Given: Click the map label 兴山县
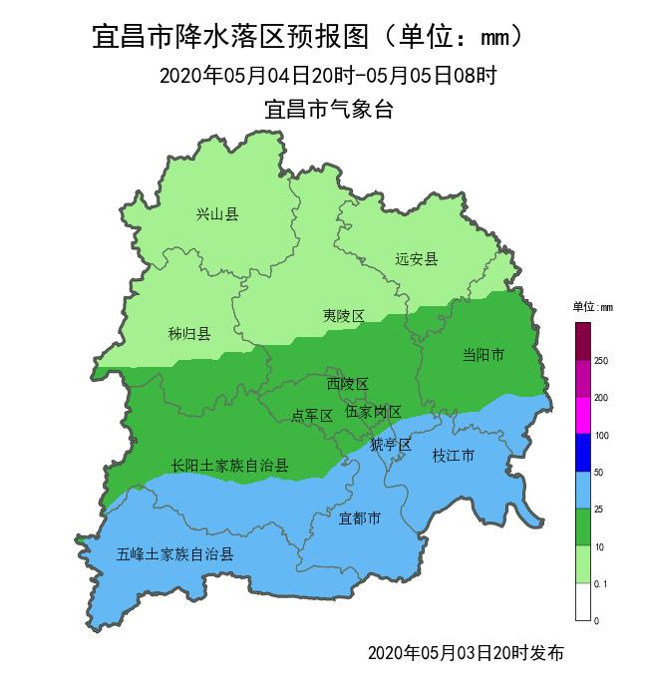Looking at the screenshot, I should tap(217, 214).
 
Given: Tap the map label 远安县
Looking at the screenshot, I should tap(416, 260).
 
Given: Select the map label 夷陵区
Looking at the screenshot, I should tap(343, 316).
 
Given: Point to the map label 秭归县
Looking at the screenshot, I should tap(189, 334).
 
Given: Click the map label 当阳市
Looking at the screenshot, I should tap(484, 355).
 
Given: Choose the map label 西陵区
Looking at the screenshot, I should tap(348, 384).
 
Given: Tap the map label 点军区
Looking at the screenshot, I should tap(311, 416).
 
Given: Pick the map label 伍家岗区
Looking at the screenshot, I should tap(373, 412).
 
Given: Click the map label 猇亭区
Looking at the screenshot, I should tap(390, 445).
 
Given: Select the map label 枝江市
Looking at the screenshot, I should tap(453, 456).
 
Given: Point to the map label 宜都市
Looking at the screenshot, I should tap(359, 518).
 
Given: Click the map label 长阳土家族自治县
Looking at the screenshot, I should tap(229, 466).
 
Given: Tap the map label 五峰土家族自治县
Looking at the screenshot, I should tap(174, 554).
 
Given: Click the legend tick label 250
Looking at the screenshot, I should tap(601, 361).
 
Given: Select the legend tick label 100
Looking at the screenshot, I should tap(601, 436).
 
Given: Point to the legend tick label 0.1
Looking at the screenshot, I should tap(601, 584).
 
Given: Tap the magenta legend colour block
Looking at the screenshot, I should tap(583, 416).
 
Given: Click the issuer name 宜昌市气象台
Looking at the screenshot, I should tap(329, 110).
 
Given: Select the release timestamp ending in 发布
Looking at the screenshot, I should tap(466, 653).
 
